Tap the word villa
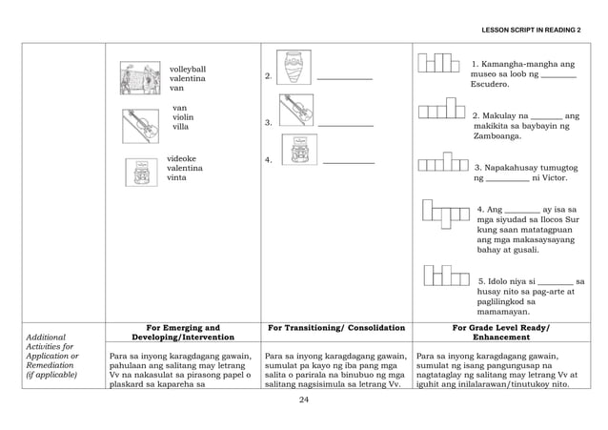[x=181, y=127]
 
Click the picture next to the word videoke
[x=141, y=171]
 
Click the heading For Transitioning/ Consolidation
[x=336, y=329]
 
